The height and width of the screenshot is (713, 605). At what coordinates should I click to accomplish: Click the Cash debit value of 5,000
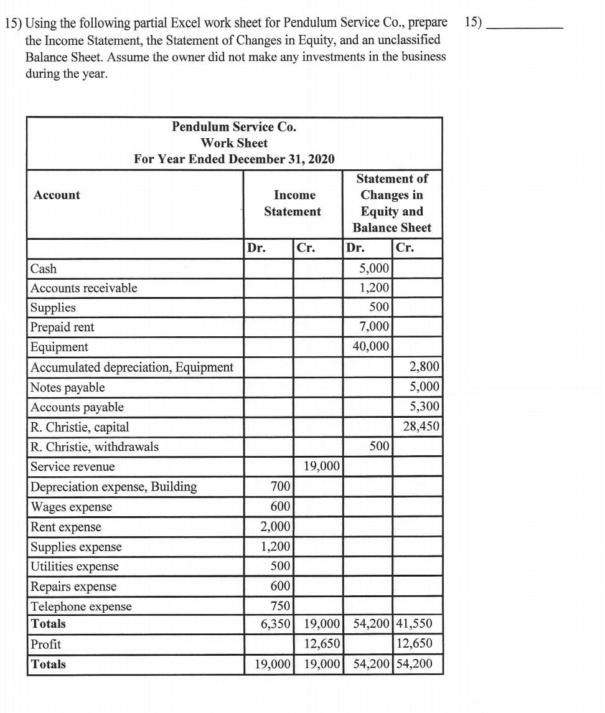click(x=375, y=268)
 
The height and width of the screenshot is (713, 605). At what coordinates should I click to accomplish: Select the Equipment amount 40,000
click(x=371, y=346)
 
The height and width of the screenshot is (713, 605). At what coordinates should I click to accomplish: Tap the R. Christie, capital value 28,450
click(x=421, y=427)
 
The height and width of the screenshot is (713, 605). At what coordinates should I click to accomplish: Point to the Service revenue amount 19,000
click(x=322, y=466)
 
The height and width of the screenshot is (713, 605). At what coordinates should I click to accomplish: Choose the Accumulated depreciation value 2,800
click(x=424, y=367)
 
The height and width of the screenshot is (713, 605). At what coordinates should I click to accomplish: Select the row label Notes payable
click(x=68, y=387)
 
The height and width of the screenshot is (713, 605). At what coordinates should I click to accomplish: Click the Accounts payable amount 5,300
click(x=424, y=407)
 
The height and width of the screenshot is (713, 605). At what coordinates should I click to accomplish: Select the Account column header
click(x=57, y=195)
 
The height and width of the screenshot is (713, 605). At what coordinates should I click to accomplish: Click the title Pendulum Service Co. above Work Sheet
click(x=234, y=127)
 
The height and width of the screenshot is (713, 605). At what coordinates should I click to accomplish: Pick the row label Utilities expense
click(x=75, y=566)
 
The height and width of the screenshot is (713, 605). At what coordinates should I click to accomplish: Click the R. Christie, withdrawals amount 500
click(x=378, y=446)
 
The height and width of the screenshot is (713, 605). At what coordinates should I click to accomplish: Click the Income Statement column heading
click(x=293, y=203)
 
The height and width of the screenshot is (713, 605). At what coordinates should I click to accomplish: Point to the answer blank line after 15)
click(x=526, y=26)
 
